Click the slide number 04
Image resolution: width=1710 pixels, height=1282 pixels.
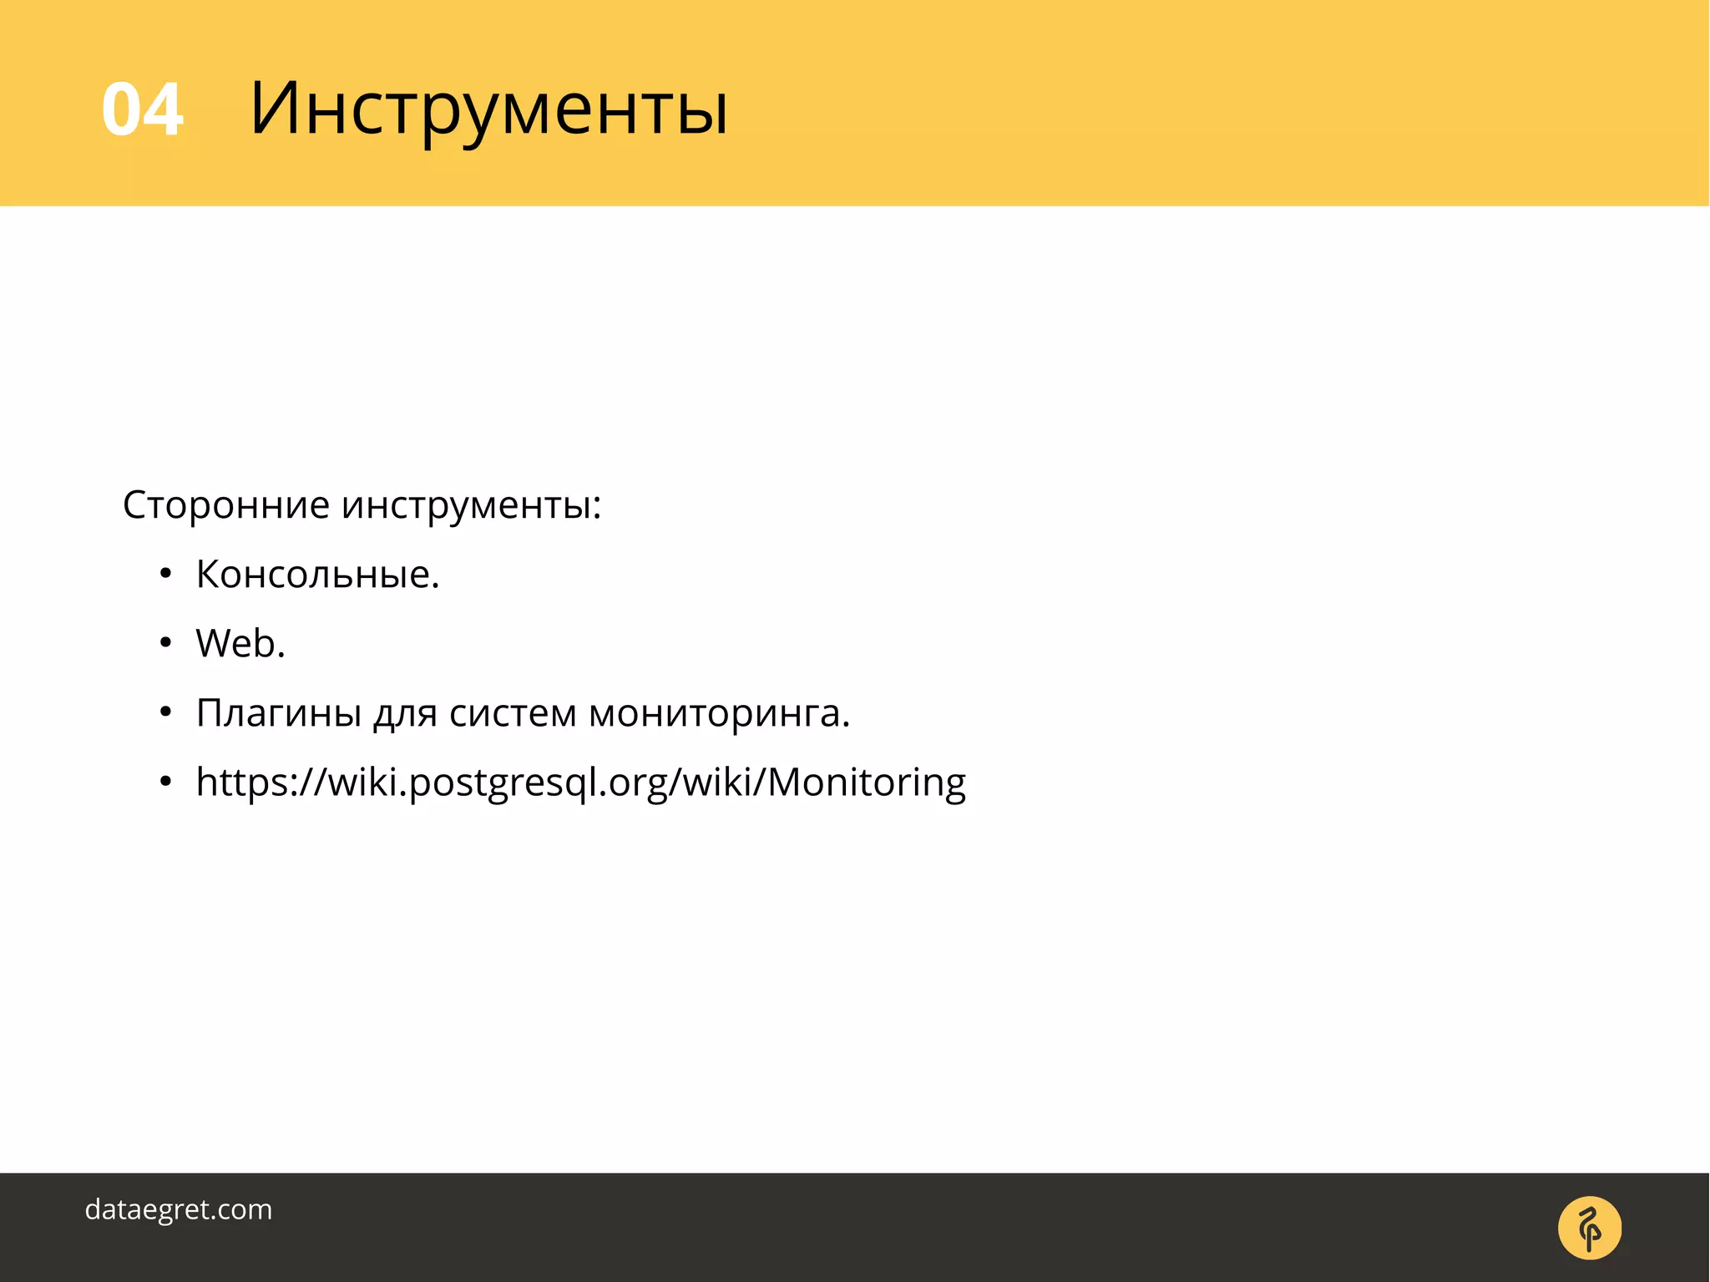click(x=142, y=109)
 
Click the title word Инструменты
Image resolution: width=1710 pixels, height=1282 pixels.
click(x=489, y=109)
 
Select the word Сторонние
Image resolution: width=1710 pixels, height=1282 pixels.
click(x=226, y=504)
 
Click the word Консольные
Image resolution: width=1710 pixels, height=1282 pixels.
click(x=317, y=575)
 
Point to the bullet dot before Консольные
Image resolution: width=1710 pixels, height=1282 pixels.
click(x=166, y=574)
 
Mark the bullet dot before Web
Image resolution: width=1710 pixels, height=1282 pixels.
click(x=166, y=643)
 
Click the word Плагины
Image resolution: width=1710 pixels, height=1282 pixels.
click(x=279, y=713)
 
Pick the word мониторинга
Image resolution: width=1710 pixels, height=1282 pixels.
click(x=719, y=713)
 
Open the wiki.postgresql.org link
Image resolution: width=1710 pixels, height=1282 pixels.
click(x=580, y=783)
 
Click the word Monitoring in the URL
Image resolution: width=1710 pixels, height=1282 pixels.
click(x=866, y=783)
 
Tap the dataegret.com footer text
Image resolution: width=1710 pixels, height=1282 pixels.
click(x=179, y=1209)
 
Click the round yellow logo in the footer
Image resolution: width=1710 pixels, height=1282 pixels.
click(x=1590, y=1228)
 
